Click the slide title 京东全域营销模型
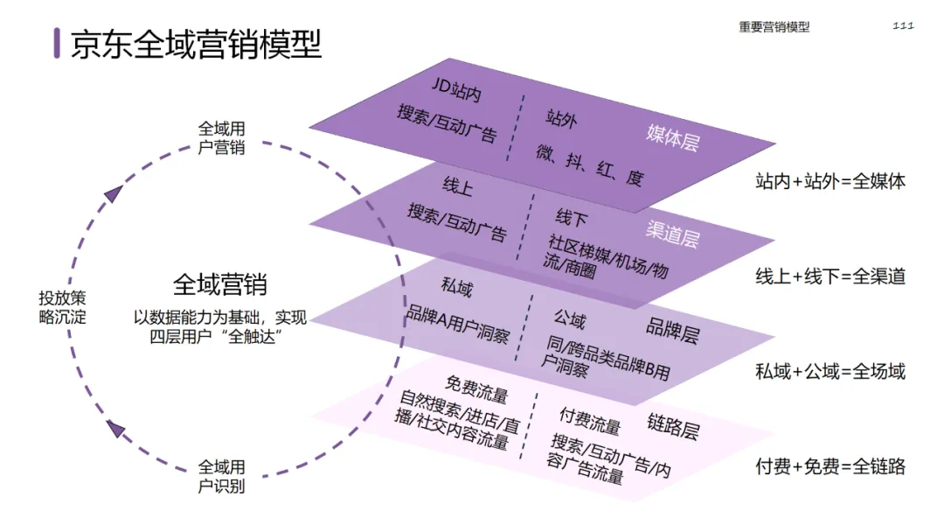pyautogui.click(x=196, y=43)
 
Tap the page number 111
pyautogui.click(x=903, y=25)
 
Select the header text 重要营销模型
pyautogui.click(x=774, y=27)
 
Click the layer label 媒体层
pyautogui.click(x=672, y=136)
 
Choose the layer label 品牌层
pyautogui.click(x=671, y=331)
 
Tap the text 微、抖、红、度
pyautogui.click(x=590, y=166)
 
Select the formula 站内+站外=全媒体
pyautogui.click(x=829, y=182)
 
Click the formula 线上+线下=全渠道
pyautogui.click(x=829, y=276)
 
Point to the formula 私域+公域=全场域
pyautogui.click(x=829, y=372)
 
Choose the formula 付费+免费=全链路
pyautogui.click(x=829, y=466)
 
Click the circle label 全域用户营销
pyautogui.click(x=221, y=138)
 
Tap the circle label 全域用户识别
pyautogui.click(x=221, y=476)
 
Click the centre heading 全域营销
pyautogui.click(x=220, y=284)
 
